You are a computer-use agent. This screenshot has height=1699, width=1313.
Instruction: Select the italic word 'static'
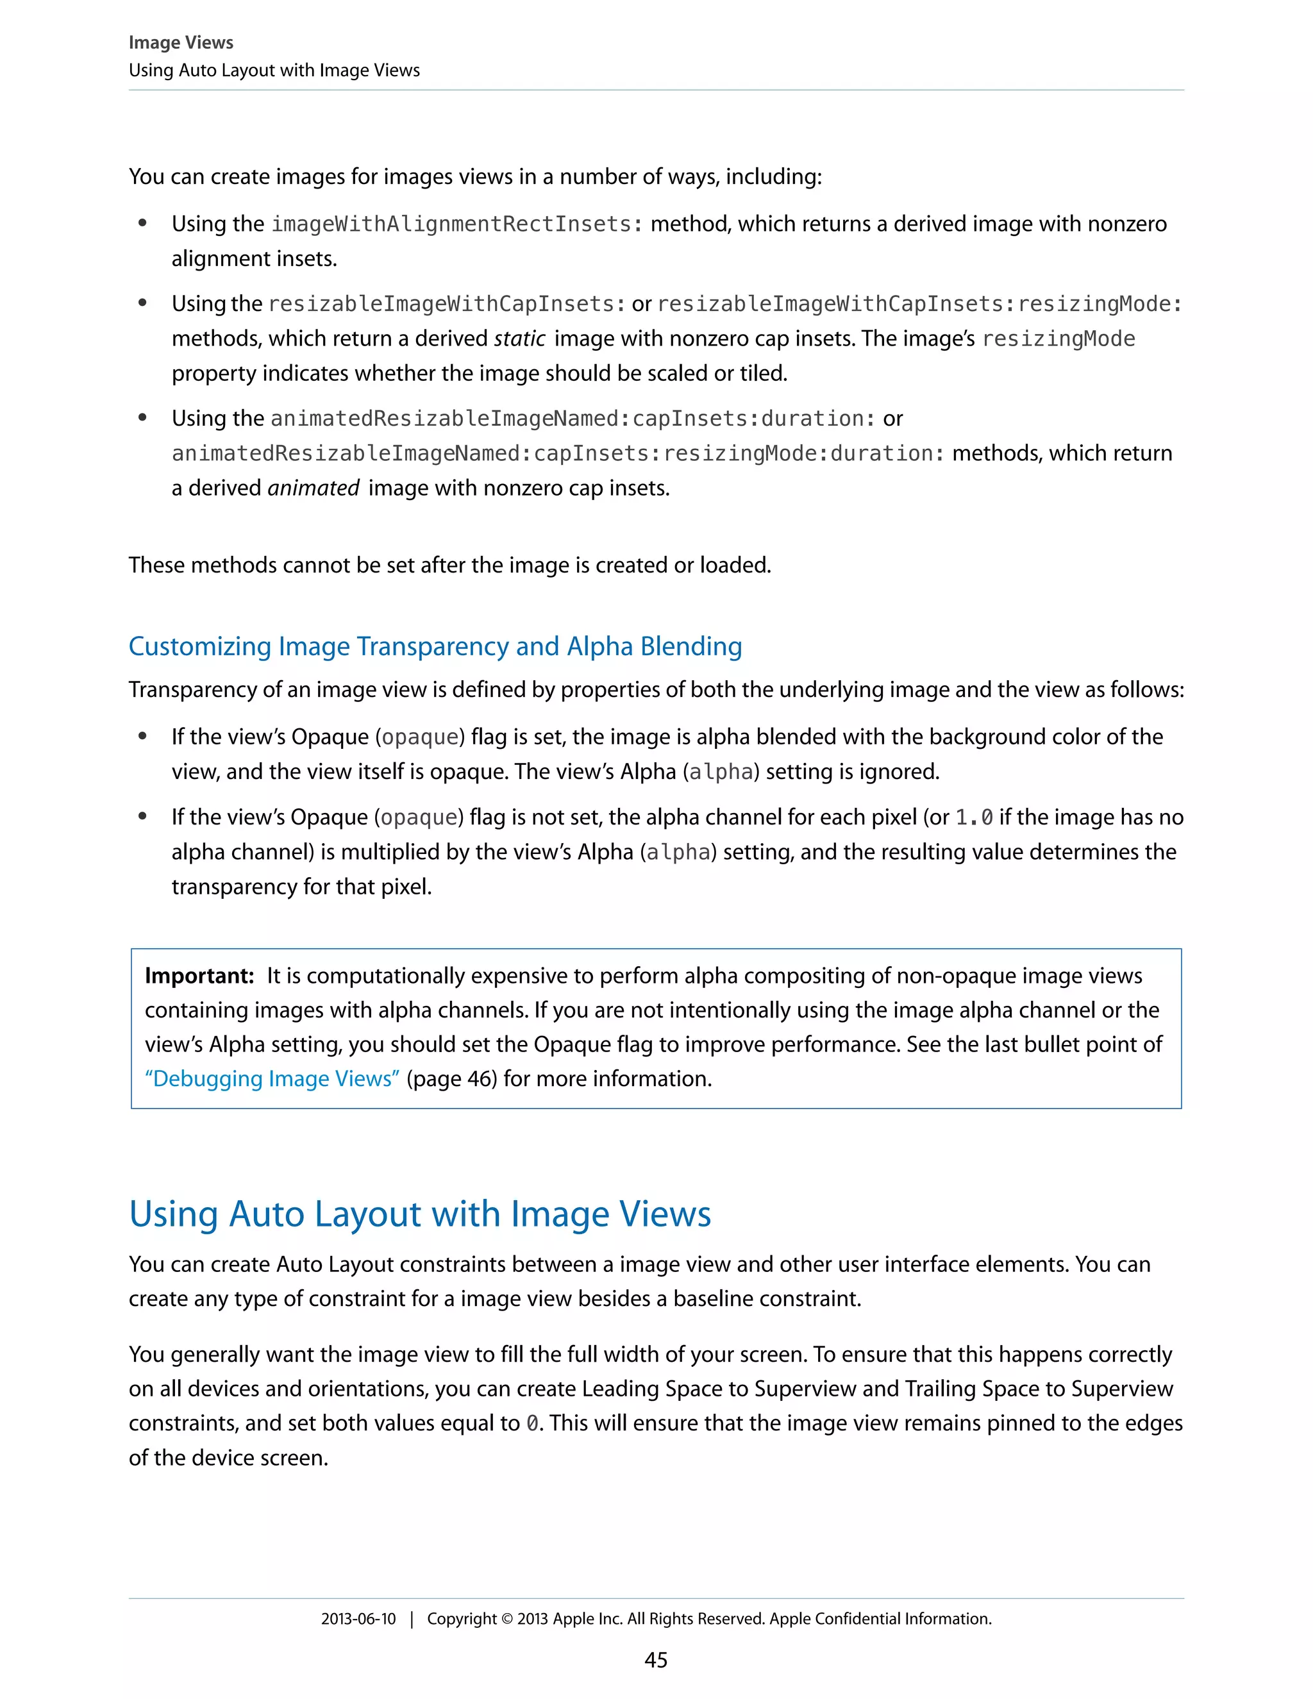tap(519, 339)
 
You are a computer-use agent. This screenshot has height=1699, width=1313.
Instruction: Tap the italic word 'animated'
tap(313, 488)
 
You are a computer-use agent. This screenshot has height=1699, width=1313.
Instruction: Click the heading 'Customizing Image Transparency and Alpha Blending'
tap(435, 646)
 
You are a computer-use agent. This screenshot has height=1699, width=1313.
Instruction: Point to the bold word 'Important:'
tap(199, 976)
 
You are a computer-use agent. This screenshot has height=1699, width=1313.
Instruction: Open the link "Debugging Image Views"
tap(272, 1078)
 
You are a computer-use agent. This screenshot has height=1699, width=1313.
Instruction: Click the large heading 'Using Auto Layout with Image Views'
tap(420, 1214)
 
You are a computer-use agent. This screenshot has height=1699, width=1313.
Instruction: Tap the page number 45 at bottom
tap(656, 1660)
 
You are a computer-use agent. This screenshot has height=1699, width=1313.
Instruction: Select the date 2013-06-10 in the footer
tap(358, 1619)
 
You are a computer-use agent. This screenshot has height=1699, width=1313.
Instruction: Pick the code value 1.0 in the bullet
tap(974, 817)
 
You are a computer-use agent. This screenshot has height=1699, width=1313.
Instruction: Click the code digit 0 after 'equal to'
tap(532, 1423)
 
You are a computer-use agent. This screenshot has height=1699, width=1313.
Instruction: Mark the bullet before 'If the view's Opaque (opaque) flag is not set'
tap(142, 816)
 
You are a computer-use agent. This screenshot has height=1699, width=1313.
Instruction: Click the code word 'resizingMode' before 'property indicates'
tap(1058, 339)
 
